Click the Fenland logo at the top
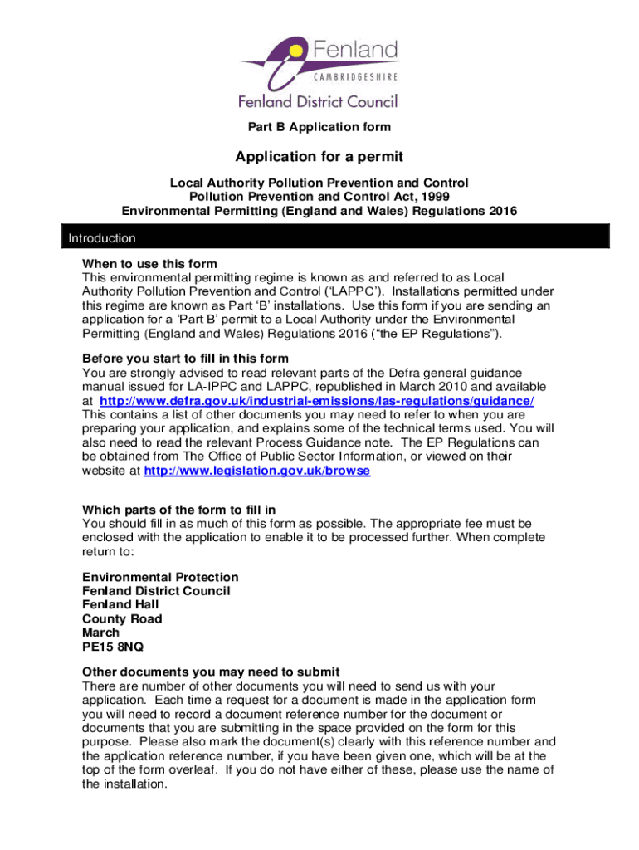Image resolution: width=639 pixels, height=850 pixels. (319, 71)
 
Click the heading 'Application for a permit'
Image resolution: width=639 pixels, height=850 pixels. (319, 156)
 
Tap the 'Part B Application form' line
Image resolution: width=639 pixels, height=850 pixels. (319, 127)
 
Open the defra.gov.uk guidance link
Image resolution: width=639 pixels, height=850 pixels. (316, 401)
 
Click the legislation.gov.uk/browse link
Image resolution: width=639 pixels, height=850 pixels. (257, 470)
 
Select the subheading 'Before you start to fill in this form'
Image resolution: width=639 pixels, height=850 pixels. (185, 359)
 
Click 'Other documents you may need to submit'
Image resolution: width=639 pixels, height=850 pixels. (212, 672)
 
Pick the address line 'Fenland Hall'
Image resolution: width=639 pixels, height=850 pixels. (120, 604)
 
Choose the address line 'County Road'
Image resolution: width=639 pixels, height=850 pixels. (122, 618)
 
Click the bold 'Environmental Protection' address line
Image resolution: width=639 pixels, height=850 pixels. (160, 577)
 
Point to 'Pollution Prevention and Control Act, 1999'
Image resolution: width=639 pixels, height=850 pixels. (319, 197)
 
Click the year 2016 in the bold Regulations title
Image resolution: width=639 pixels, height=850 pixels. (502, 211)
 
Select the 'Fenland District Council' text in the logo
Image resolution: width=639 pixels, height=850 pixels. (319, 101)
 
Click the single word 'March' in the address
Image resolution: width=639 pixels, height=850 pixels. (100, 633)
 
